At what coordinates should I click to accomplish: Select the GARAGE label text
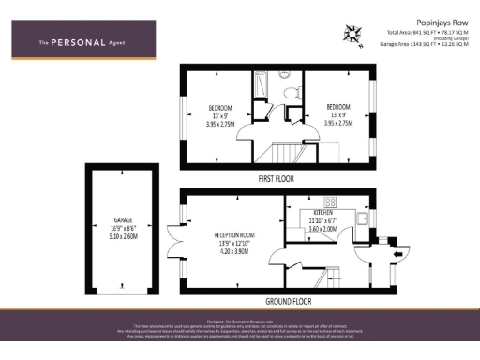point(124,220)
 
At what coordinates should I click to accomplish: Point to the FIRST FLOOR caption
point(277,177)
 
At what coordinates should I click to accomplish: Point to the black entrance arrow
point(397,252)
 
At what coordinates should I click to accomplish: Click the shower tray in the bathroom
point(261,85)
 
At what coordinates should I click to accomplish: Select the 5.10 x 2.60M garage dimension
point(124,237)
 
